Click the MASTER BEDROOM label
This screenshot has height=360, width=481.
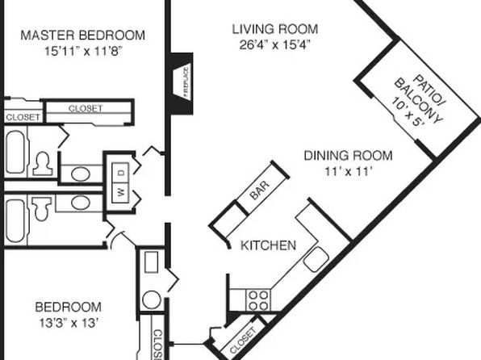pos(83,35)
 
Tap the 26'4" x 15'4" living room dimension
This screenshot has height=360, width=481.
pos(275,45)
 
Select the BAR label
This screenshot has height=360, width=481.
pos(260,190)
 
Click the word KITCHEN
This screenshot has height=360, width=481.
pos(269,245)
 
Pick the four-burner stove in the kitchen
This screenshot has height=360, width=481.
pos(258,300)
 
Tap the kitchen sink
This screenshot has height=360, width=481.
pos(316,260)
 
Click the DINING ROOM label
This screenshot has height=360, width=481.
pos(348,155)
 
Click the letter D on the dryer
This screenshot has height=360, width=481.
pos(122,173)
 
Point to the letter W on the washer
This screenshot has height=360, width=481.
pos(121,192)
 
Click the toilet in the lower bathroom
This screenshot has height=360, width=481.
pos(42,208)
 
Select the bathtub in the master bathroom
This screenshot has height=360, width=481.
pos(15,153)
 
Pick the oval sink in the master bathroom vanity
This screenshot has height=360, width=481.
pos(81,174)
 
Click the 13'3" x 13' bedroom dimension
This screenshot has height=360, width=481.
pos(69,323)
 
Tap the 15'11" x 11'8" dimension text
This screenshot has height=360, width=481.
pos(83,51)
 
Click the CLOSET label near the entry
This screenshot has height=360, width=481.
pos(243,341)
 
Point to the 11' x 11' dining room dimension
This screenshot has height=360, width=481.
pos(349,171)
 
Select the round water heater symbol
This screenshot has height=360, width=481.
pos(152,299)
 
